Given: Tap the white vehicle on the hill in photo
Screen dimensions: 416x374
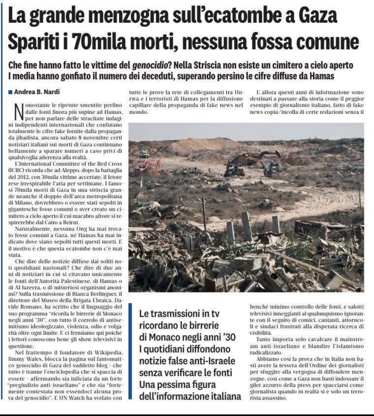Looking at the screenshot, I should tap(144, 154).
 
